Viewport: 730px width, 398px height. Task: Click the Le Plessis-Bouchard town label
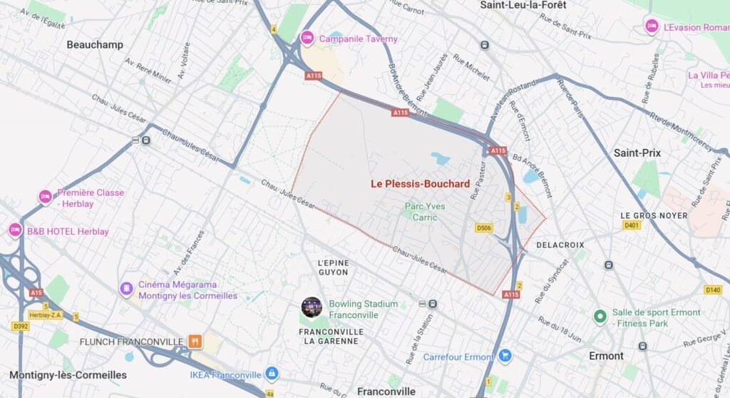420,184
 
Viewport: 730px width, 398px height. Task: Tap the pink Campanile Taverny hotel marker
307,39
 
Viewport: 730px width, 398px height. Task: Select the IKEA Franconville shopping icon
271,374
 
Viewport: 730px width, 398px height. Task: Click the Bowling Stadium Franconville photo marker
312,307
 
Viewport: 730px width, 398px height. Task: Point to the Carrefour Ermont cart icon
505,355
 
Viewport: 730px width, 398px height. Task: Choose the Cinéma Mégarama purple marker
126,289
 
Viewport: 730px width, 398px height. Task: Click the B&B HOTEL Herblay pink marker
15,230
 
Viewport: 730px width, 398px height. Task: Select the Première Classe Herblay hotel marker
45,197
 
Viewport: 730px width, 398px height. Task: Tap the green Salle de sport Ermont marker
600,315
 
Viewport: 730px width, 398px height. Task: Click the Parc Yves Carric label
425,211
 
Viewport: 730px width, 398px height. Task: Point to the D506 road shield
484,228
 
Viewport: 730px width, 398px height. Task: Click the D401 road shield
632,225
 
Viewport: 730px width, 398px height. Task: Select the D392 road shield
20,327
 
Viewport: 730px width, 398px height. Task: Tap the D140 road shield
713,290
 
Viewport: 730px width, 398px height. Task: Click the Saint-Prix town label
637,153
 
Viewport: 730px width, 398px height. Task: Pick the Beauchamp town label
95,44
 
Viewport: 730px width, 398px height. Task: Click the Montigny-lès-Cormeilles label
68,375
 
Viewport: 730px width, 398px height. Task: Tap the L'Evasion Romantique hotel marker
651,26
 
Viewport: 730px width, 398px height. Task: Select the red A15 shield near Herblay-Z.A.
36,292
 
